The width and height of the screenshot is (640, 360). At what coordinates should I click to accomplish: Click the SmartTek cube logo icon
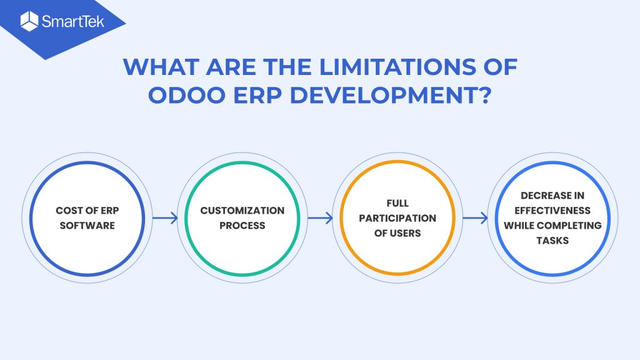point(29,21)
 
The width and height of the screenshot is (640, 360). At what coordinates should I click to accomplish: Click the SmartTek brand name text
point(73,21)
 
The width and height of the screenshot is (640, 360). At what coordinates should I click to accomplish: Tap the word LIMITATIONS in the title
point(397,66)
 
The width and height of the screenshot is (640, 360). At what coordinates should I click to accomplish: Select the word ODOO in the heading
point(186,95)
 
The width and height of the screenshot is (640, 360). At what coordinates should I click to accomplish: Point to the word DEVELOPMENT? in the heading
point(390,95)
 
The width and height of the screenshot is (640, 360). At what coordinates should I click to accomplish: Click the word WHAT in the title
point(161,66)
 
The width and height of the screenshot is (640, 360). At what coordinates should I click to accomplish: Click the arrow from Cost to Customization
point(165,218)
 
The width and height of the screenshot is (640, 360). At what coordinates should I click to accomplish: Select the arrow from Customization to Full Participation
point(321,218)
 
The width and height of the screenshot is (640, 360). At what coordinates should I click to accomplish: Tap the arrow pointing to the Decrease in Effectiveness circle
point(476,218)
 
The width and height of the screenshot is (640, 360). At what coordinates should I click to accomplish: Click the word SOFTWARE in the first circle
point(87,225)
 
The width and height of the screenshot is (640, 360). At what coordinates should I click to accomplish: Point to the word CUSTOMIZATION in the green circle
point(242,211)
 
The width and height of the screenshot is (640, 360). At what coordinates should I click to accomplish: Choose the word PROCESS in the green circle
point(242,225)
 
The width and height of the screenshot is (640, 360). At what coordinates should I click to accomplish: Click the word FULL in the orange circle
point(397,203)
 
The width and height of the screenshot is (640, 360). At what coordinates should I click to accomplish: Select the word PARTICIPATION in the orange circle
point(397,218)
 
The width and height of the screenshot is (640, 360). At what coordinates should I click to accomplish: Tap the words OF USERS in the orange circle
point(397,233)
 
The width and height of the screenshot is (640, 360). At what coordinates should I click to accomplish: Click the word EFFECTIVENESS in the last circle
point(552,211)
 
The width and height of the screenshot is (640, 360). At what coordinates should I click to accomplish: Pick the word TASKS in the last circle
point(552,241)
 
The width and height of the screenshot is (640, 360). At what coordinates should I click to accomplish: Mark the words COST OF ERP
point(87,211)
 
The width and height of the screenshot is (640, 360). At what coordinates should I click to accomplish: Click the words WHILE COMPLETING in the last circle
point(552,225)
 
